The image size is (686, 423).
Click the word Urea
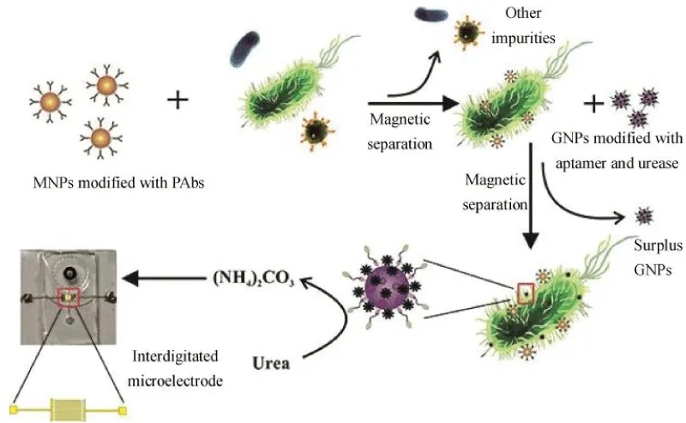[x=271, y=364]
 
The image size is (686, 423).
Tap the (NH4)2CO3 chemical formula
[x=253, y=279]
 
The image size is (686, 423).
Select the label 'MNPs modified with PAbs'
[x=118, y=183]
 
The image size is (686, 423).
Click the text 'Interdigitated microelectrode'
[x=175, y=368]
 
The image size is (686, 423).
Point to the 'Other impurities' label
[x=523, y=26]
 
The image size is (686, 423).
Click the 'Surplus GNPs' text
[x=658, y=257]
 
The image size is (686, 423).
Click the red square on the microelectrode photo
[x=68, y=298]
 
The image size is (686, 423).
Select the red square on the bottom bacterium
[x=526, y=293]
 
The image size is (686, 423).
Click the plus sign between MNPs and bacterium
[x=178, y=100]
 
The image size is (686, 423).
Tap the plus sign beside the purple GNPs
[x=594, y=103]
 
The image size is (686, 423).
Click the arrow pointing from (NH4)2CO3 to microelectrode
[x=165, y=278]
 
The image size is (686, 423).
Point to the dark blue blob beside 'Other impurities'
[x=431, y=14]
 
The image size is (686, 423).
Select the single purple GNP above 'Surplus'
[x=644, y=215]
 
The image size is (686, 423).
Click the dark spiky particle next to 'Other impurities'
[x=469, y=32]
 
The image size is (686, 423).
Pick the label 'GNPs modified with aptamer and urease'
[x=617, y=151]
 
